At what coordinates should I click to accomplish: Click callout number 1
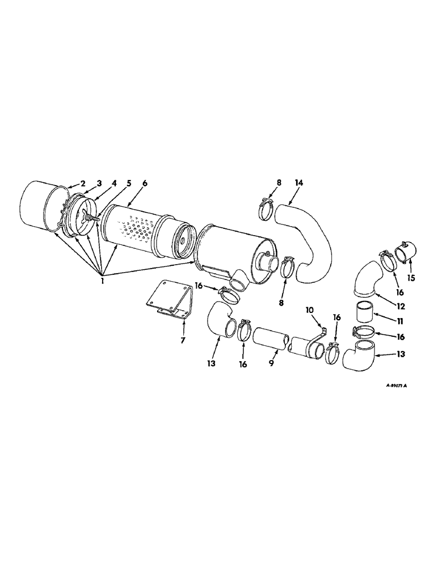tap(103, 279)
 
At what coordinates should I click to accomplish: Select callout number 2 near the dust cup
tap(82, 183)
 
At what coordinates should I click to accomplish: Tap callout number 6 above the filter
tap(145, 183)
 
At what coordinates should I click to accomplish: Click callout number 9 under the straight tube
tap(272, 362)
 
